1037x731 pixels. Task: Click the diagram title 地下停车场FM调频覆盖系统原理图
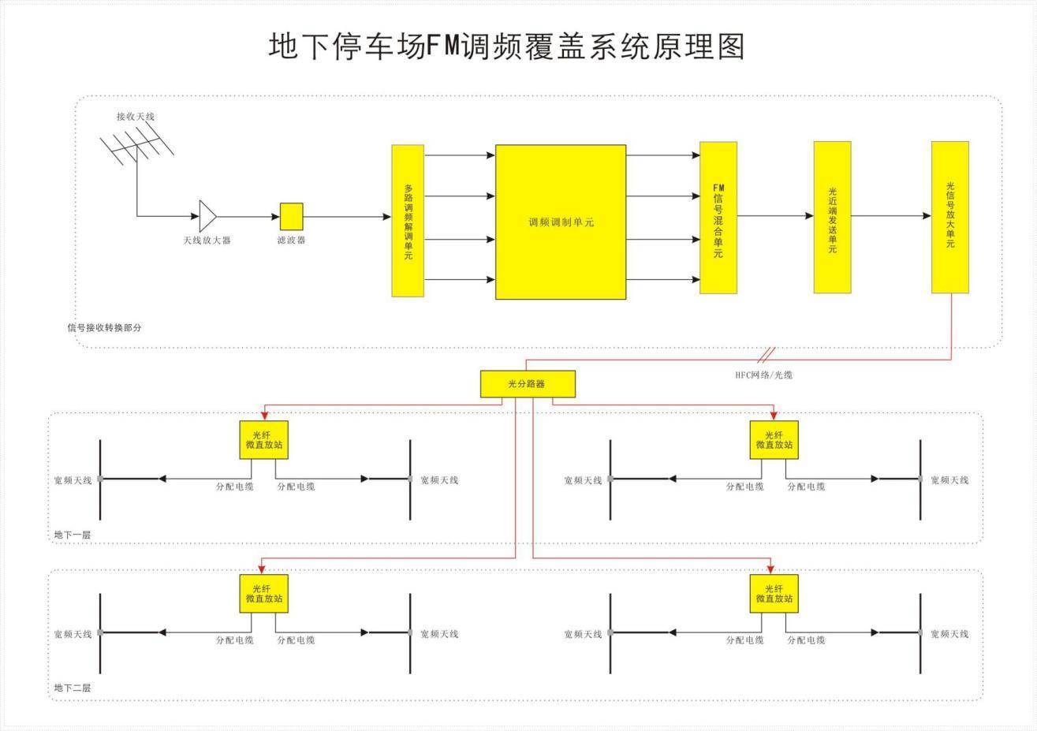[506, 47]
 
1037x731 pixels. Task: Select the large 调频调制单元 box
[561, 222]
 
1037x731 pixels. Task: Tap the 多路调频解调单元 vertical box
[408, 220]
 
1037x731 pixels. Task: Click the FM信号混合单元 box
[718, 218]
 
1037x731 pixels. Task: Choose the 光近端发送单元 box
[833, 218]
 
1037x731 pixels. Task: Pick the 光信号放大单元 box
[950, 218]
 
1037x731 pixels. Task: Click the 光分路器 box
[528, 384]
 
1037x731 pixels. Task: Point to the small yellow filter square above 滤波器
[292, 216]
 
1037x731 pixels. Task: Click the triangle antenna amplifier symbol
[208, 216]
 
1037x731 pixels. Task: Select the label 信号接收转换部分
[104, 328]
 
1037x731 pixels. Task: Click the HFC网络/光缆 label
[763, 375]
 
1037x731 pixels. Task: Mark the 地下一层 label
[73, 535]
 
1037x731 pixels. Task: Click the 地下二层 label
[73, 688]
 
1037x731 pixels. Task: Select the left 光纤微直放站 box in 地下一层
[264, 440]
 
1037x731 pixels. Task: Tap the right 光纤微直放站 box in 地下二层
[774, 594]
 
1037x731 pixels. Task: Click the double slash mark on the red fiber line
[767, 355]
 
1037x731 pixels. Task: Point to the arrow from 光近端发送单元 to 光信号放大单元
[891, 216]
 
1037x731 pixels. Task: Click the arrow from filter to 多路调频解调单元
[347, 216]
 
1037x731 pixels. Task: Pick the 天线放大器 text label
[207, 241]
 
